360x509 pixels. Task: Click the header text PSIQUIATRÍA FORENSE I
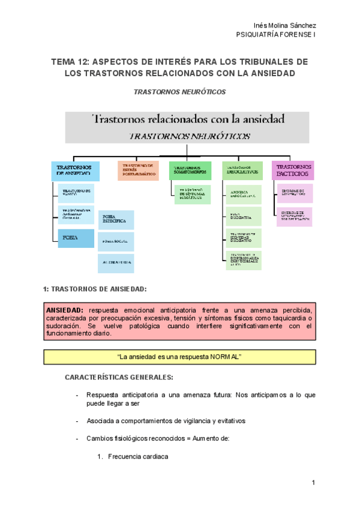pos(277,35)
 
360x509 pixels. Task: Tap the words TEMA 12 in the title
pos(70,62)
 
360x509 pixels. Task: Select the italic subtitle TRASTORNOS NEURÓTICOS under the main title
pos(179,92)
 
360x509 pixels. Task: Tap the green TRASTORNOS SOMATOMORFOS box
pos(190,170)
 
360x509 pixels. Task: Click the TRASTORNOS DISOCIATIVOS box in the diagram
pos(242,170)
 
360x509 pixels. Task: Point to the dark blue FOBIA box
pos(73,238)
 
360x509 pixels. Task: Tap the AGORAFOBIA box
pos(116,263)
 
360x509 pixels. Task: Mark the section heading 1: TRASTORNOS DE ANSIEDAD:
pos(95,289)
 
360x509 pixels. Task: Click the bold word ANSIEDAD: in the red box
pos(65,309)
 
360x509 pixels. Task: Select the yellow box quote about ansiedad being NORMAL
pos(180,357)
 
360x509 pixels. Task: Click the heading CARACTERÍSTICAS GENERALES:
pos(119,377)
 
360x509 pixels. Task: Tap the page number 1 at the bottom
pos(313,484)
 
